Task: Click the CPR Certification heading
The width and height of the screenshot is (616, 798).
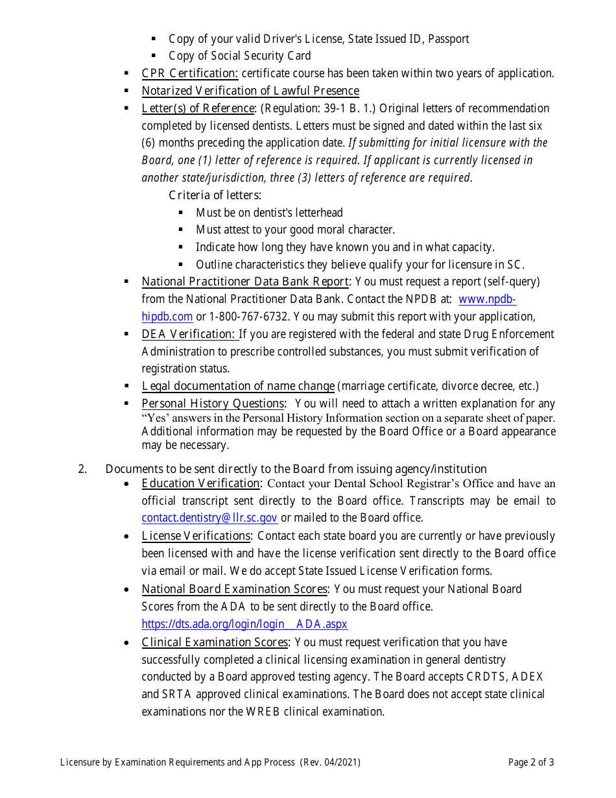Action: (x=190, y=73)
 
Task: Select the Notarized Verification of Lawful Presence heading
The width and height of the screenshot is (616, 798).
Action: (x=250, y=91)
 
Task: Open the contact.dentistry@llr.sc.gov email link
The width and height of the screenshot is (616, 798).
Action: (x=209, y=518)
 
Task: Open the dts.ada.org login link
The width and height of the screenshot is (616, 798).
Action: (x=244, y=624)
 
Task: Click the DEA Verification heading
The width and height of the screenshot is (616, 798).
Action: (x=189, y=334)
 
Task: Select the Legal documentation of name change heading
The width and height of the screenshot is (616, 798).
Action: (x=238, y=386)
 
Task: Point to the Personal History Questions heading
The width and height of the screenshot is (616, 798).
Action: (x=213, y=404)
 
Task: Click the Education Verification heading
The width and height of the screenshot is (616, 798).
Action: (x=201, y=483)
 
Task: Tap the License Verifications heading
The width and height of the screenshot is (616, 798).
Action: (x=196, y=536)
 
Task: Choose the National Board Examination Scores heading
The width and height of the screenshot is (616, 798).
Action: (x=235, y=589)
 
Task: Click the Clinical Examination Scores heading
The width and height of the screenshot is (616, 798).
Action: (x=215, y=642)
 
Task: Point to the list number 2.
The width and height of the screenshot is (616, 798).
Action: (x=82, y=469)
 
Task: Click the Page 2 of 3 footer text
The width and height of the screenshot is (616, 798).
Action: (x=531, y=762)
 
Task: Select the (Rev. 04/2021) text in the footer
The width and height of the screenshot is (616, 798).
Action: (x=331, y=762)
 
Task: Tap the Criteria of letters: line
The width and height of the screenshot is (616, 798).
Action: (x=215, y=195)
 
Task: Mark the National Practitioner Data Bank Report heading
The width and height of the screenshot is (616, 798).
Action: (x=245, y=282)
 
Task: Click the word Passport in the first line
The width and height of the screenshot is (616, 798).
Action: (x=448, y=39)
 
